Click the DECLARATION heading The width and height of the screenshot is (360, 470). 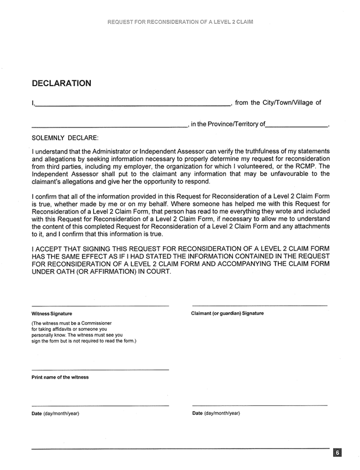coord(61,83)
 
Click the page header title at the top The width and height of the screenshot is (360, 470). coord(181,22)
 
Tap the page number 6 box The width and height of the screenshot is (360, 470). coord(337,453)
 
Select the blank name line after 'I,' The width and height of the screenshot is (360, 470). coord(133,105)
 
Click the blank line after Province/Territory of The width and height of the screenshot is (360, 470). coord(297,126)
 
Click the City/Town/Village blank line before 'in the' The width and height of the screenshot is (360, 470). coord(109,126)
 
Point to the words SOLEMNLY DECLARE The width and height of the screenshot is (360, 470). coord(65,137)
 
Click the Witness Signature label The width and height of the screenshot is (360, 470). coord(48,313)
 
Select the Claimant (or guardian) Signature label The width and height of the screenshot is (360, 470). coord(227,313)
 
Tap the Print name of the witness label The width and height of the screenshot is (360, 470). coord(60,377)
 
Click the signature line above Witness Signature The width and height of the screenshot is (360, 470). coord(100,306)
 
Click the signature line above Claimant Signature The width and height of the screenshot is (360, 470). coord(259,306)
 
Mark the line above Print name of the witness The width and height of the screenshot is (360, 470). coord(100,370)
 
